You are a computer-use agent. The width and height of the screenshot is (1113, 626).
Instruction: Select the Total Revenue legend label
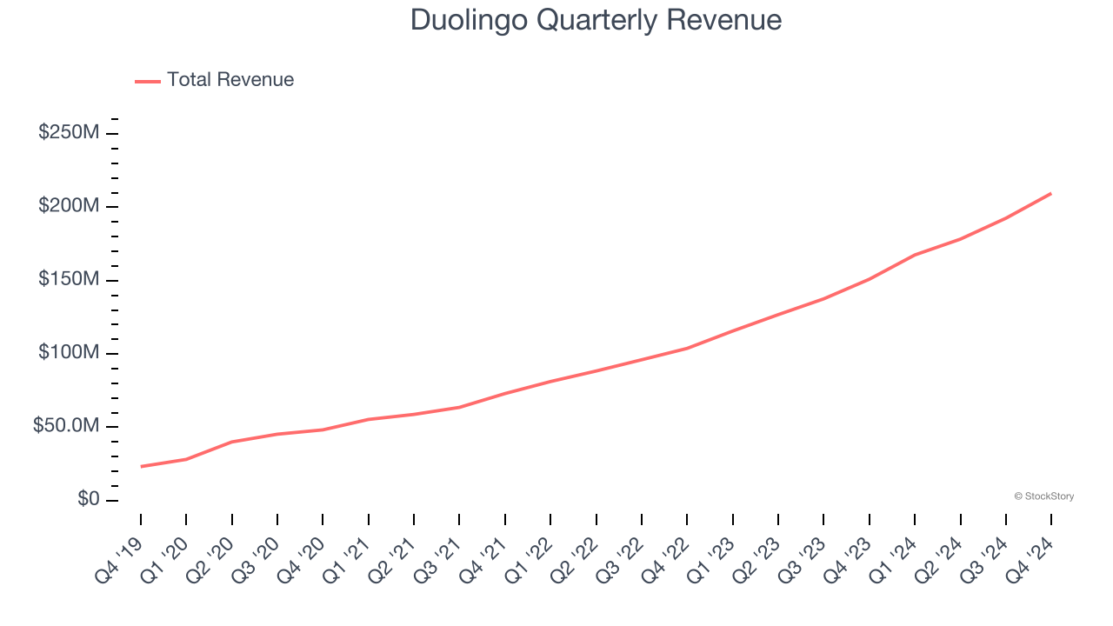tap(230, 80)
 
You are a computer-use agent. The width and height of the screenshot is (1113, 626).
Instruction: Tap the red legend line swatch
tap(148, 81)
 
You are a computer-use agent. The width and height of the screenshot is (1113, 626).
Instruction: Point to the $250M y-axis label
tap(68, 133)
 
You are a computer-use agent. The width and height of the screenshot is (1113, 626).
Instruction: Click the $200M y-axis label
tap(68, 207)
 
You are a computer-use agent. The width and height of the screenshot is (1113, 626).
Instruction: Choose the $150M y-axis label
tap(68, 280)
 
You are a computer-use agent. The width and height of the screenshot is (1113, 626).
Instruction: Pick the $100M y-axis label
tap(68, 354)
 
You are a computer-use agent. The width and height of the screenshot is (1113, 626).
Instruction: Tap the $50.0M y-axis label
tap(65, 427)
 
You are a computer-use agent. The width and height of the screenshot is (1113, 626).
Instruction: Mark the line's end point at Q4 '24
tap(1051, 193)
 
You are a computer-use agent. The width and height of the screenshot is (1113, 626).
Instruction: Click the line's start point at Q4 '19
tap(141, 467)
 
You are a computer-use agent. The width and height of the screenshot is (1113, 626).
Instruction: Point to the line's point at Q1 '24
tap(915, 255)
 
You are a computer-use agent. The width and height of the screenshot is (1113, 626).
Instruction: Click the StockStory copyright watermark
tap(1043, 496)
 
